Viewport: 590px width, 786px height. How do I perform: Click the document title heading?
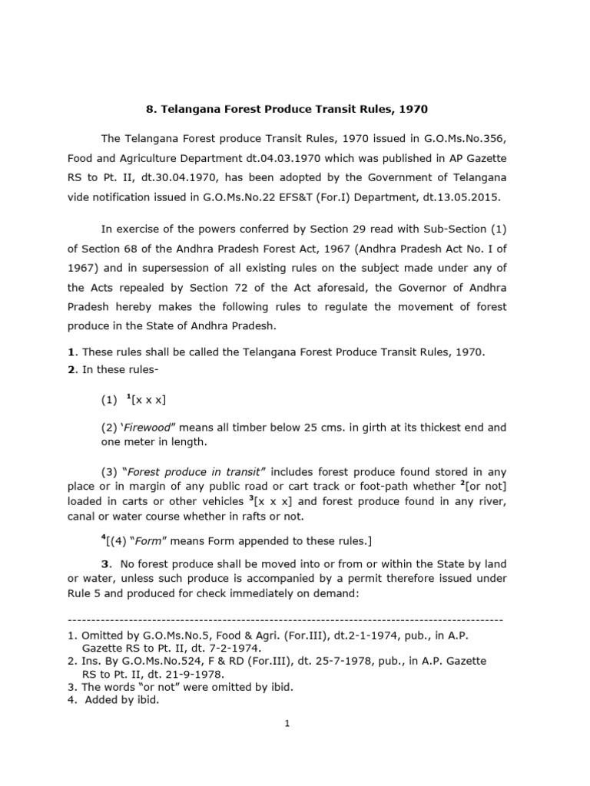click(x=295, y=110)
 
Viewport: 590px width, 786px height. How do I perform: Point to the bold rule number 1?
click(x=71, y=352)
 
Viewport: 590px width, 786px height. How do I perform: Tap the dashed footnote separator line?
click(x=285, y=619)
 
